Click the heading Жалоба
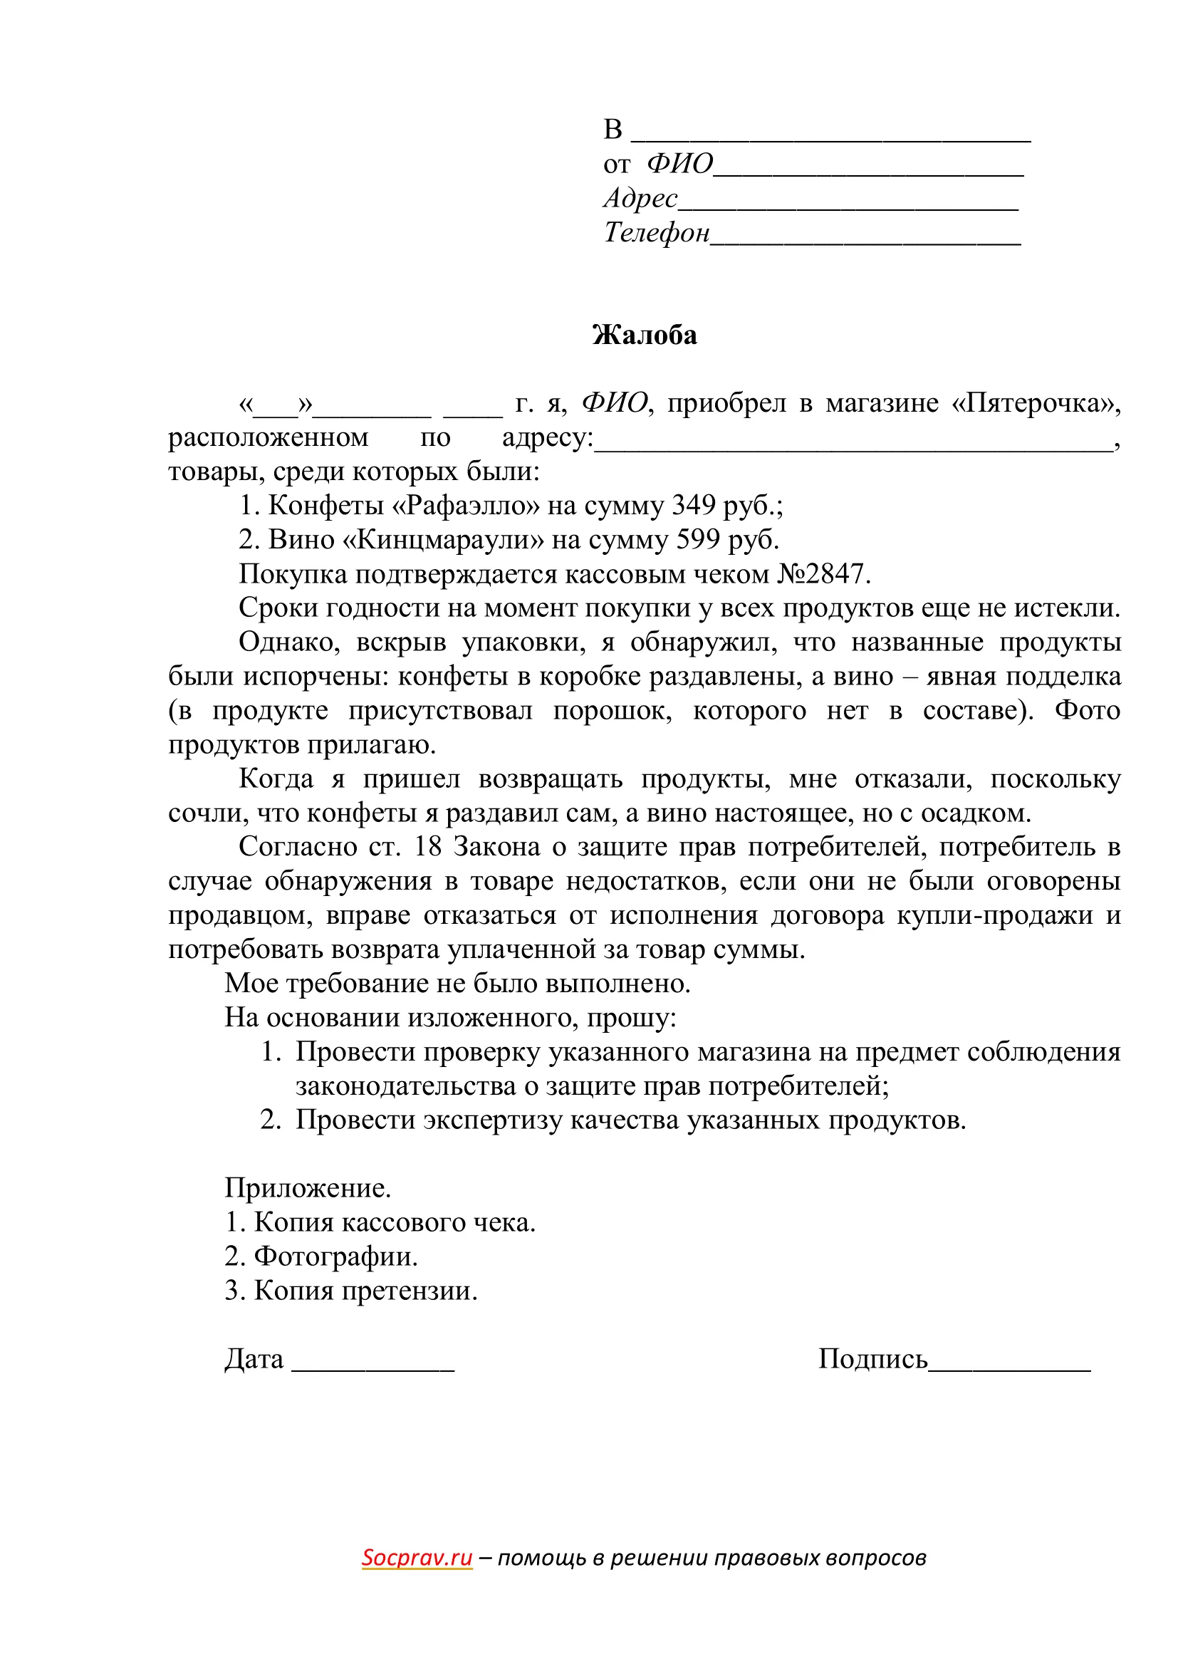(x=644, y=335)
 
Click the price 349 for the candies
(x=694, y=506)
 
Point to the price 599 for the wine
(x=698, y=540)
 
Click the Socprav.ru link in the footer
(x=417, y=1557)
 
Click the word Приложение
(x=308, y=1188)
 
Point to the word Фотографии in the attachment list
(x=336, y=1256)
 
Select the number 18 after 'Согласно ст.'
(x=427, y=847)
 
